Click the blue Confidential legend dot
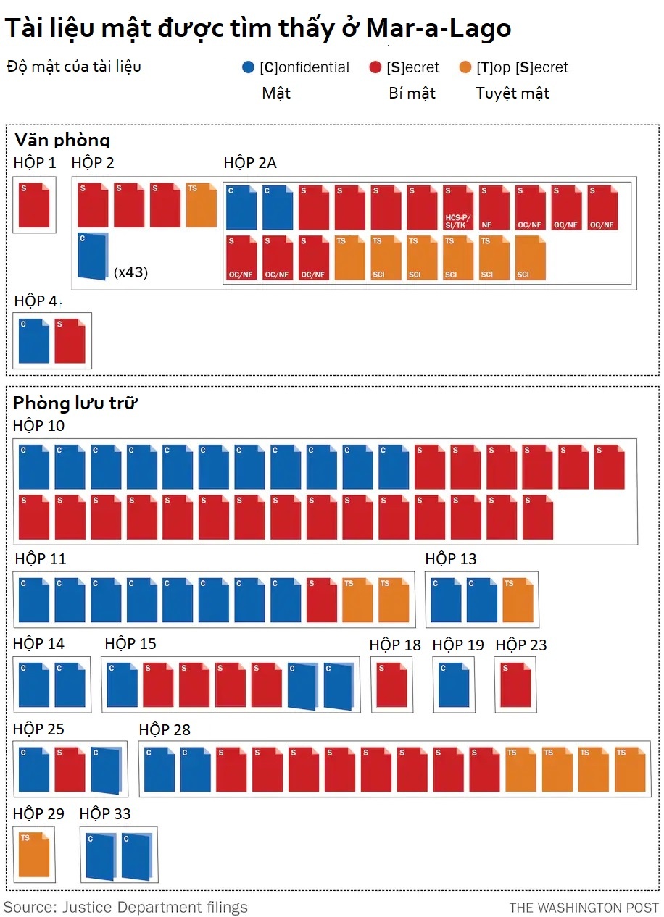tap(248, 67)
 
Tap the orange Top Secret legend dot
tap(465, 67)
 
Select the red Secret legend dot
tap(375, 67)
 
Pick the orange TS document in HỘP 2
tap(202, 206)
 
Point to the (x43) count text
tap(130, 272)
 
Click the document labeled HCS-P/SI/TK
tap(459, 208)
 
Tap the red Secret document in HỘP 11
tap(322, 600)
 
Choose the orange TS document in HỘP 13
tap(518, 600)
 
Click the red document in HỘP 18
tap(391, 684)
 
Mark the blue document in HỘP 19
tap(454, 684)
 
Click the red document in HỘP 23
tap(516, 684)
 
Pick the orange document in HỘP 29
tap(34, 855)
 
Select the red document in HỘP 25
tap(70, 769)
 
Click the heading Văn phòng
tap(62, 141)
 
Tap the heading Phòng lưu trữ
tap(75, 403)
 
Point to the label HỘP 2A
tap(250, 163)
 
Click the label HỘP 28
tap(165, 730)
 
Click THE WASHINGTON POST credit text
tap(584, 908)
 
